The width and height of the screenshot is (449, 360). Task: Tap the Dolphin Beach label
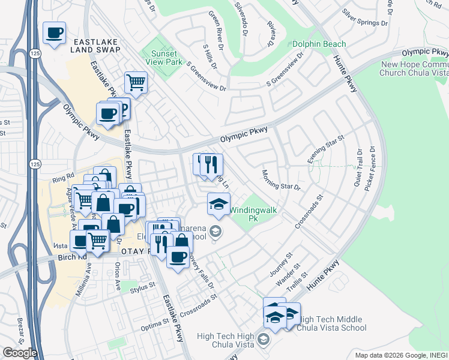[319, 44]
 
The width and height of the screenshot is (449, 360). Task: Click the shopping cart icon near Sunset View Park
[136, 83]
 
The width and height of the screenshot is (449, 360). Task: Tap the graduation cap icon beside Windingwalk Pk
[218, 204]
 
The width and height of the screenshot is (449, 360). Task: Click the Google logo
[20, 353]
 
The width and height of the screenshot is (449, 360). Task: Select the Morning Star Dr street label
[280, 180]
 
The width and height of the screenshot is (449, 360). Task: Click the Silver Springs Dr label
[365, 18]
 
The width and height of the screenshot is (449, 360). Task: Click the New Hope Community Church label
[414, 68]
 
